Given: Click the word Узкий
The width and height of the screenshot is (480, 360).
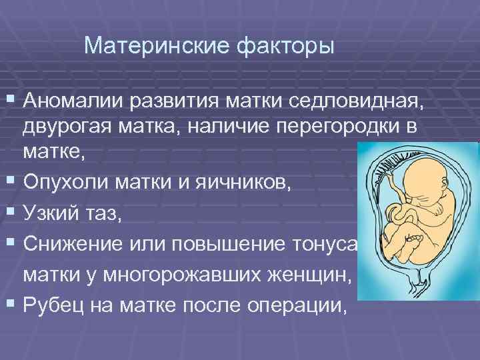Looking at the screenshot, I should click(x=53, y=209).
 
